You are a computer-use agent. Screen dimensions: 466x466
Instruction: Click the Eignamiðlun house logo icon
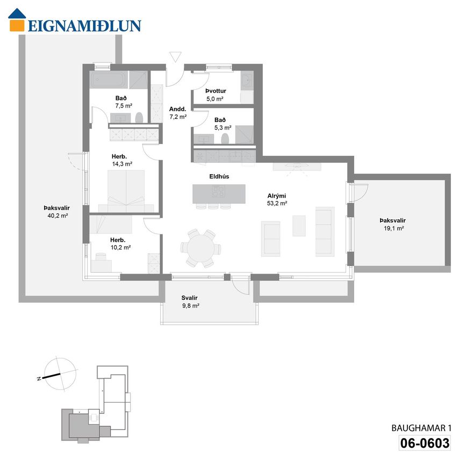17,19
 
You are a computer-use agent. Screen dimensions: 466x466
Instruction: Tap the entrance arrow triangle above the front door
175,57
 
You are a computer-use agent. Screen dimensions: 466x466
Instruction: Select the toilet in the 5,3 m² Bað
225,139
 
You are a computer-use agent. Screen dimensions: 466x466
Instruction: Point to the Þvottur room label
216,91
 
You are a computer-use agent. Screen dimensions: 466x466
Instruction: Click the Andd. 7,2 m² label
178,113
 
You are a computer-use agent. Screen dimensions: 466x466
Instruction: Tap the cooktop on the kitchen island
218,191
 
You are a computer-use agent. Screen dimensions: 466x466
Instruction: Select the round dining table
200,248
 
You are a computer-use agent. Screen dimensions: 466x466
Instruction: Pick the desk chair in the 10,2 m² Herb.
101,256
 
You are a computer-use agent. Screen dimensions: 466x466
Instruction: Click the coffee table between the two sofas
299,226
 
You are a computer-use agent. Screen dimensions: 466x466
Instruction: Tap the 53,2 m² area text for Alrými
277,204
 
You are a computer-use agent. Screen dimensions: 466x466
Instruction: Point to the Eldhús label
219,176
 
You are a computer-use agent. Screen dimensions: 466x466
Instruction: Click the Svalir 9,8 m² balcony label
190,302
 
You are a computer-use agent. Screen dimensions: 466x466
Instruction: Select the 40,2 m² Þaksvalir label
57,212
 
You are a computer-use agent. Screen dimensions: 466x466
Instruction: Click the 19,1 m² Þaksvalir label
393,224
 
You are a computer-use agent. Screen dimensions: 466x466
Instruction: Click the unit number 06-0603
425,443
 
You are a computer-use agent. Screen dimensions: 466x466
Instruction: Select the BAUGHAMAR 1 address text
421,428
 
